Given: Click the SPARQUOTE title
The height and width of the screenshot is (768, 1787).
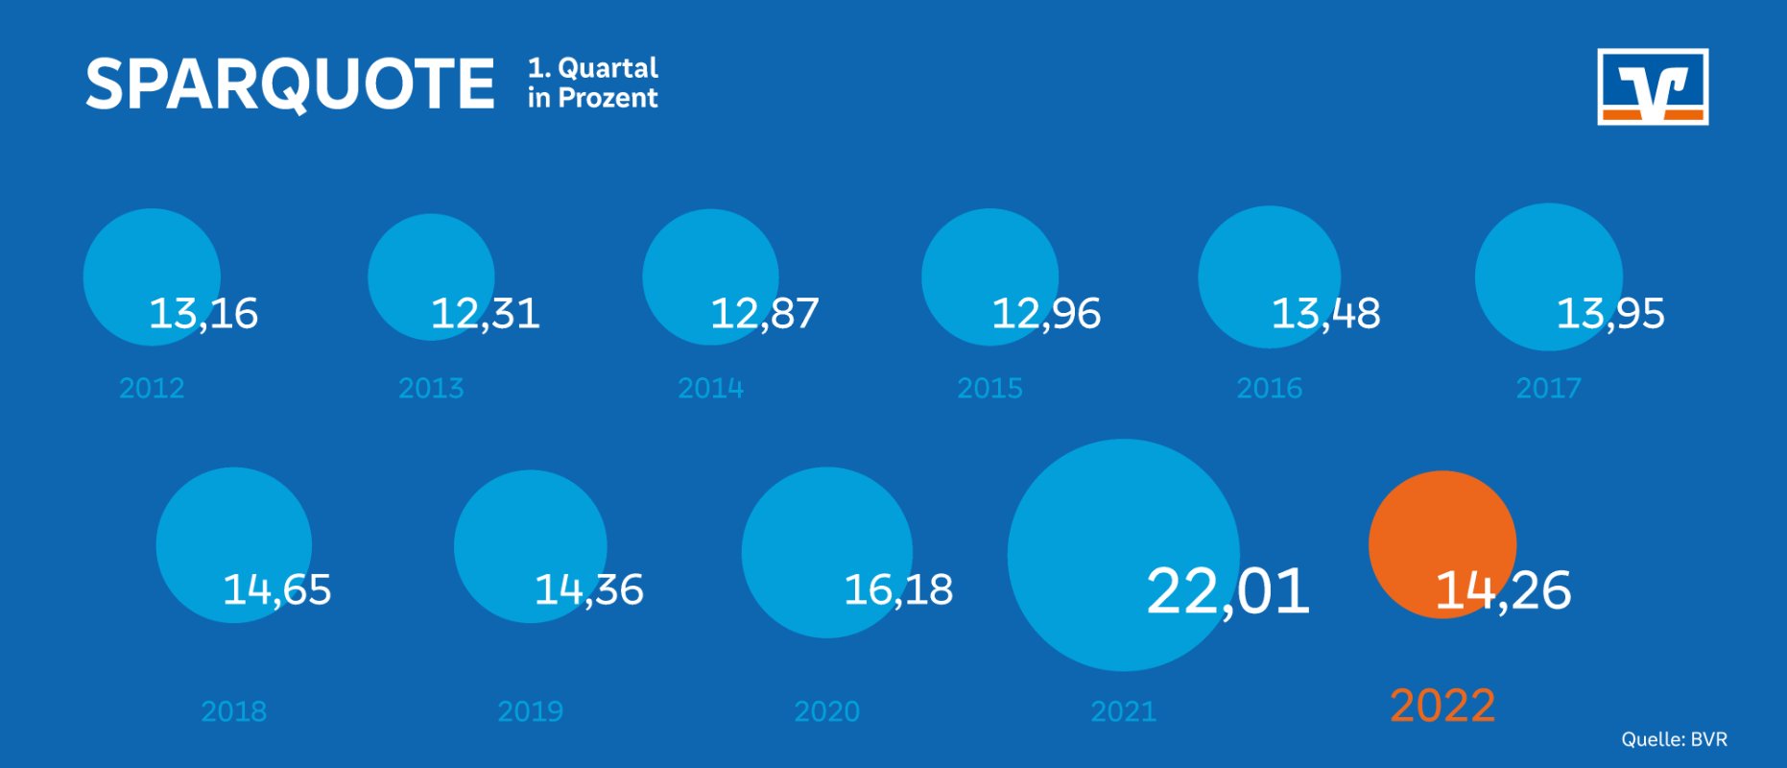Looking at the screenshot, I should [290, 84].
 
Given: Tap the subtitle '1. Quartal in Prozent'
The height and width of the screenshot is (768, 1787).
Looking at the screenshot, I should [592, 83].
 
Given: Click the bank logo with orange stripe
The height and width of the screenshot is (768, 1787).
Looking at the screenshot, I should [1653, 87].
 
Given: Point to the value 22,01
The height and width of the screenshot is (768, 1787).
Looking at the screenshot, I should [1227, 590].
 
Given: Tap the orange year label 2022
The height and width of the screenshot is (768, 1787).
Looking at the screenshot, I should [1442, 707].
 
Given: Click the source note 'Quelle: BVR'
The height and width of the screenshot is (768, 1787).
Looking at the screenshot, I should [1674, 739].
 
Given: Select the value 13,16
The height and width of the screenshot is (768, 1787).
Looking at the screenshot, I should [203, 314].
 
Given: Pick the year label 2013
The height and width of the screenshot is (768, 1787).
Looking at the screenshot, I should [431, 388].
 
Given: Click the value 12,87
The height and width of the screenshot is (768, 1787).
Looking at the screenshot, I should [764, 314].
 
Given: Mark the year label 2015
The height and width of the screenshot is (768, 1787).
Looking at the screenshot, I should [989, 388].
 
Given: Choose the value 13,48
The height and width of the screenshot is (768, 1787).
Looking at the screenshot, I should [1325, 314].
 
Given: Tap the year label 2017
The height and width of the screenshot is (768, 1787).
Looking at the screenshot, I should [1548, 388].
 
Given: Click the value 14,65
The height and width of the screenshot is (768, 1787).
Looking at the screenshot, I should [276, 589].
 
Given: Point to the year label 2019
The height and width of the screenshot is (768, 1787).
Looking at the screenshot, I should [530, 711].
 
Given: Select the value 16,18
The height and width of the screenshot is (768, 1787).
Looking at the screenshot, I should [898, 589].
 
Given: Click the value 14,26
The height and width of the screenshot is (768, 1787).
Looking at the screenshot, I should [1503, 589].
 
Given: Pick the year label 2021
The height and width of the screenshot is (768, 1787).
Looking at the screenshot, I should [1123, 711].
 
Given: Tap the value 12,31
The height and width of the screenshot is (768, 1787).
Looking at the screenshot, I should [485, 314].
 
